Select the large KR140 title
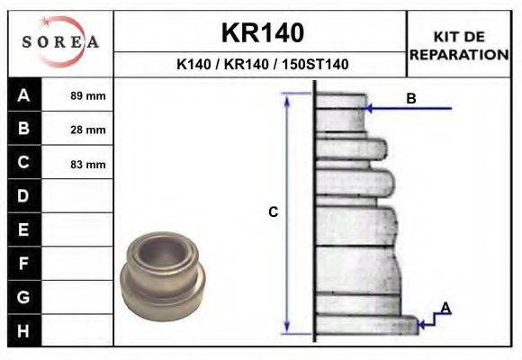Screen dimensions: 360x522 [x=262, y=33]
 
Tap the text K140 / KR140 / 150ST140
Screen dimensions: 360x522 [x=262, y=65]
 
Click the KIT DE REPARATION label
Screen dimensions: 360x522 [x=459, y=45]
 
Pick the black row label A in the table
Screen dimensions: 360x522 [x=23, y=94]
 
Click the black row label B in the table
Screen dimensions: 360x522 [x=23, y=129]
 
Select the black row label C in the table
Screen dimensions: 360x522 [x=23, y=163]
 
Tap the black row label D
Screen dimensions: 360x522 [x=23, y=196]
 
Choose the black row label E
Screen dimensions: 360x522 [x=23, y=229]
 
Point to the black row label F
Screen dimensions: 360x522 [x=23, y=264]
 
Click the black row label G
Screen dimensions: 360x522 [x=23, y=297]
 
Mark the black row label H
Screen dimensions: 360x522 [x=23, y=330]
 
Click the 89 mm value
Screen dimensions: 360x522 [x=88, y=95]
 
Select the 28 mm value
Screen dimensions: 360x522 [x=88, y=130]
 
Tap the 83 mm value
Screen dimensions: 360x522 [x=88, y=164]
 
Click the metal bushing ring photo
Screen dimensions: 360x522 [x=163, y=269]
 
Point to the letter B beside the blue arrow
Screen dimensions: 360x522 [x=411, y=99]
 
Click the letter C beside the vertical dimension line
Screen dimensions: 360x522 [x=274, y=212]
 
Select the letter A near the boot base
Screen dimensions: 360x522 [x=445, y=309]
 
